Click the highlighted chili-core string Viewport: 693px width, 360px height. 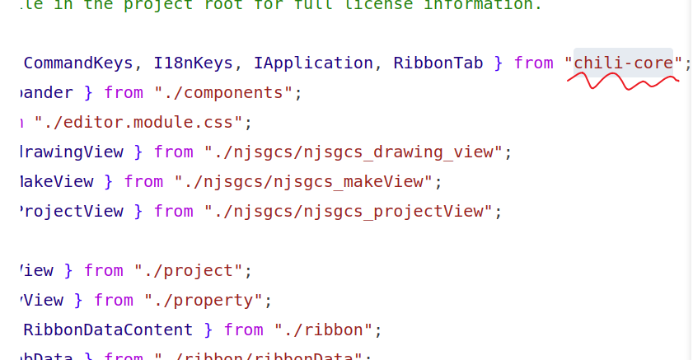tap(623, 63)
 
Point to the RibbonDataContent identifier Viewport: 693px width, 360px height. tap(108, 330)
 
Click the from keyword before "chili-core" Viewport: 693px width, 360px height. tap(533, 63)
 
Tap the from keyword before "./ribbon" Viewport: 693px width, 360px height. tap(243, 330)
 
